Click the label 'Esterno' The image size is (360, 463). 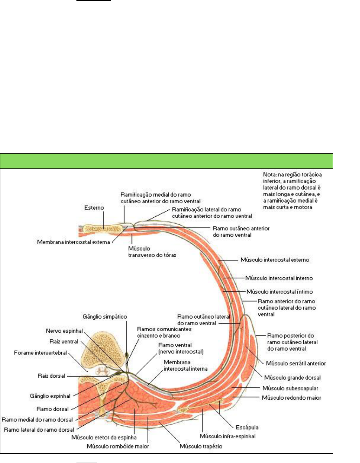tap(94, 208)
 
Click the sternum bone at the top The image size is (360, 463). tap(103, 229)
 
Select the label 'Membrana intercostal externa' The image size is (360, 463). tap(74, 242)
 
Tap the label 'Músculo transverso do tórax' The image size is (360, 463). tap(152, 252)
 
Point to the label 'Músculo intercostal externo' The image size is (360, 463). tap(275, 260)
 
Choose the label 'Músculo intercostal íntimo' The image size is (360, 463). tap(279, 292)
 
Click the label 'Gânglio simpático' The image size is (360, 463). tap(105, 317)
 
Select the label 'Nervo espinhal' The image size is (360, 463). tap(64, 331)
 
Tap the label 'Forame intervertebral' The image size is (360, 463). tap(41, 353)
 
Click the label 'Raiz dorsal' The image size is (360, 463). tap(51, 376)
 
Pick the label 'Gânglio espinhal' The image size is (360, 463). tap(50, 396)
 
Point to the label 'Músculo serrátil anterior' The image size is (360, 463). tap(296, 363)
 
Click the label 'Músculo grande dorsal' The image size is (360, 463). tap(292, 378)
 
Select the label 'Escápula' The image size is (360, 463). tap(247, 427)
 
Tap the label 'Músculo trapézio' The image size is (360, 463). tap(201, 446)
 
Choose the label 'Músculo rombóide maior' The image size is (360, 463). tap(118, 446)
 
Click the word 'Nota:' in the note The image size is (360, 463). tap(270, 174)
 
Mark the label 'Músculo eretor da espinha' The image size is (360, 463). tap(104, 438)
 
